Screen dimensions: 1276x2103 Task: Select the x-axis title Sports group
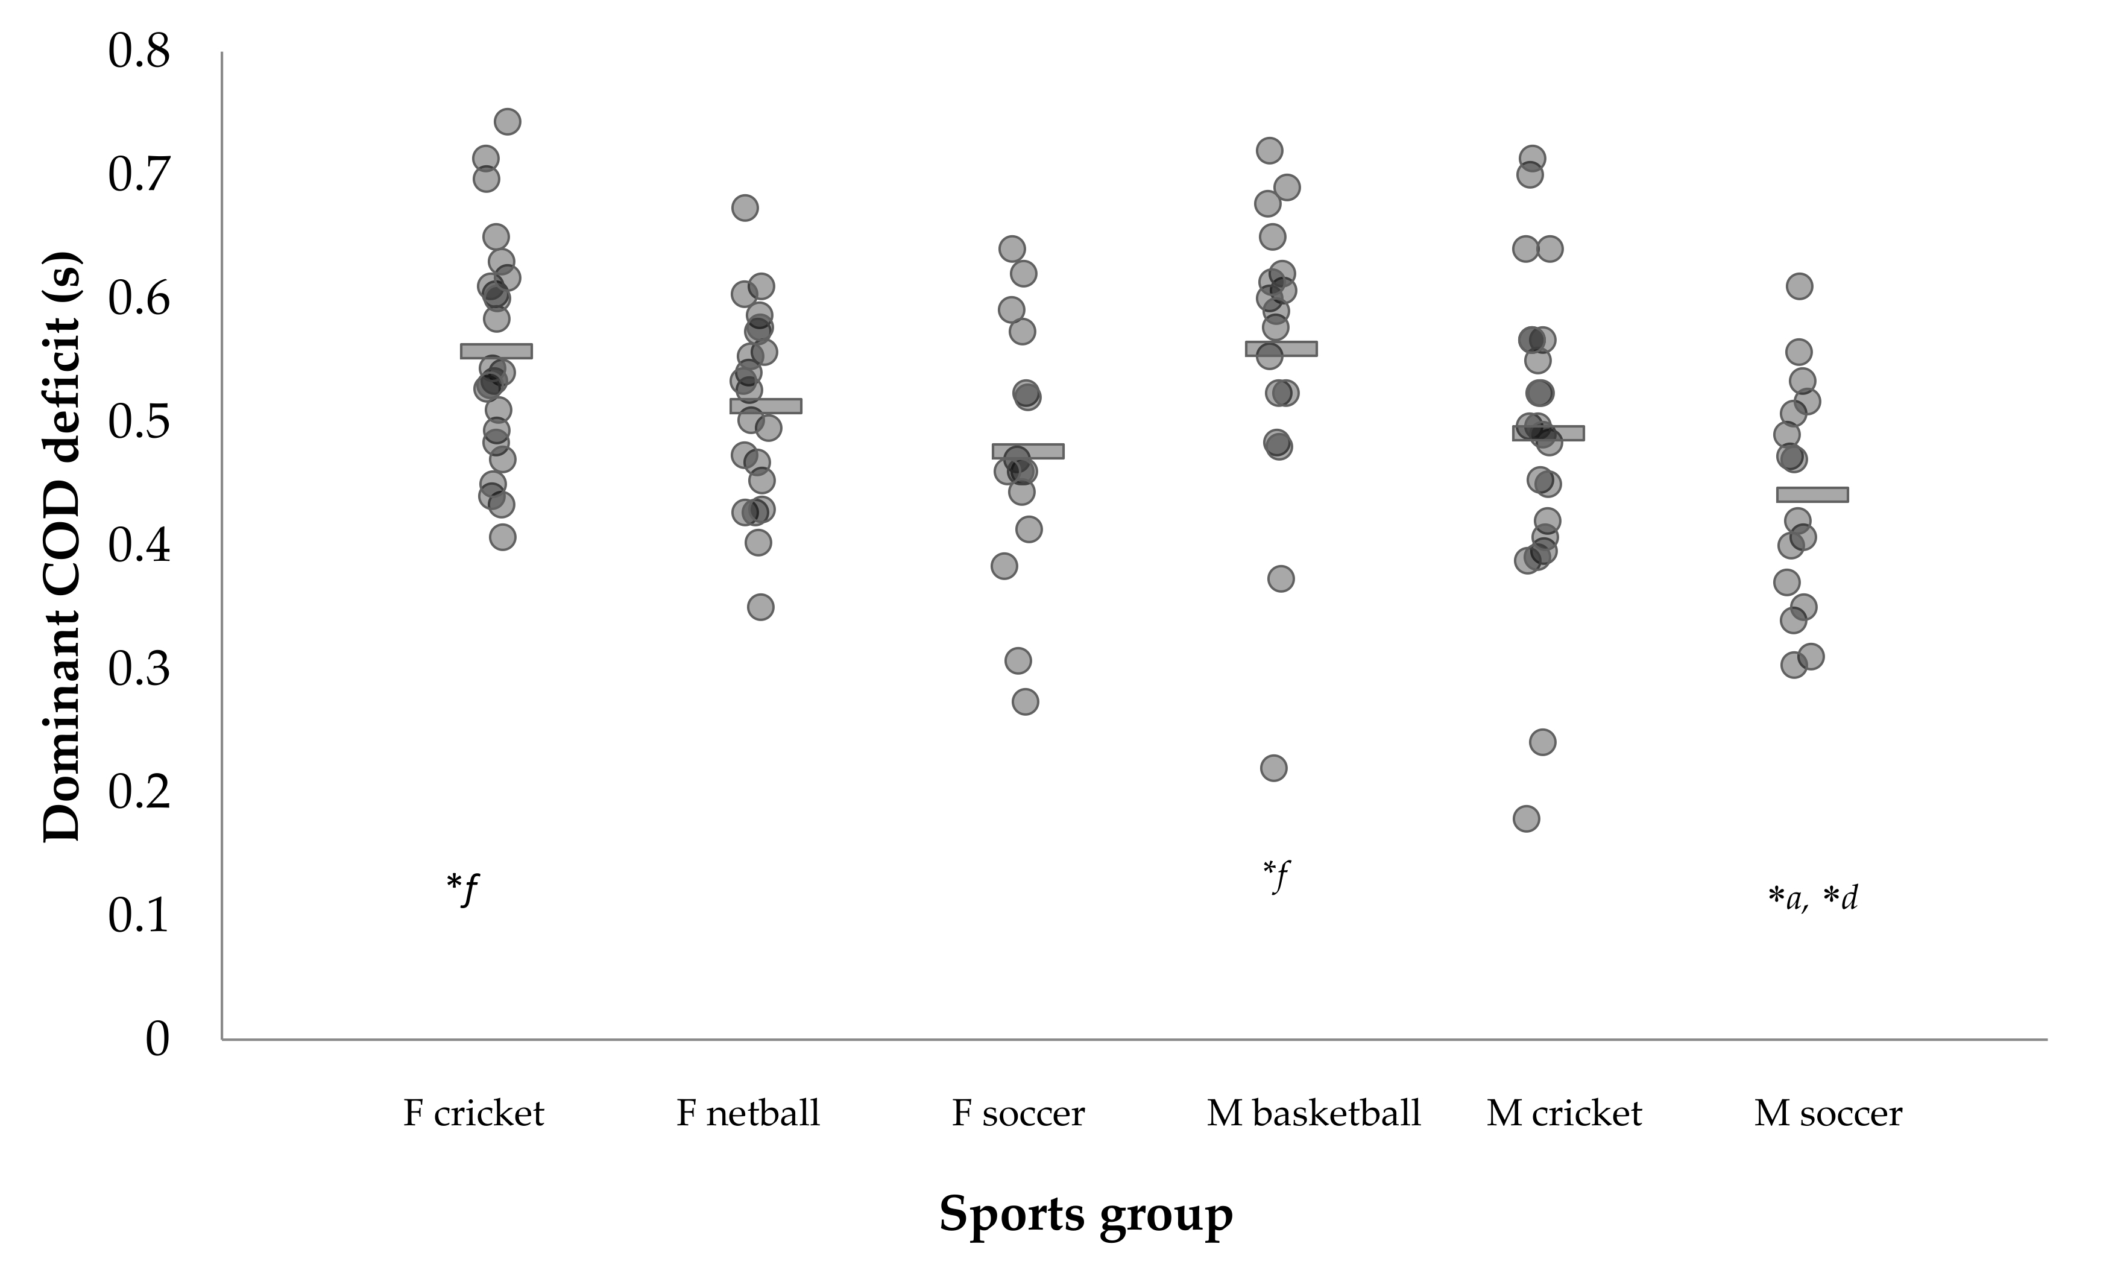(x=1086, y=1214)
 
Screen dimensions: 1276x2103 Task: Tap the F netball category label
(x=748, y=1114)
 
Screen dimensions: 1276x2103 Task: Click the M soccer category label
(x=1828, y=1114)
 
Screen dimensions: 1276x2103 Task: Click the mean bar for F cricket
(x=496, y=351)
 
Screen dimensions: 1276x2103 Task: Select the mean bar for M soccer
(x=1812, y=494)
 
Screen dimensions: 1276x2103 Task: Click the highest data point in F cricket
(x=507, y=122)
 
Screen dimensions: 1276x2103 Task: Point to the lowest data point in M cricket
(x=1526, y=818)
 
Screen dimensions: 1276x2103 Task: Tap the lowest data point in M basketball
(x=1273, y=768)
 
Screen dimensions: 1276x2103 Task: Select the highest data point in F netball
(x=745, y=207)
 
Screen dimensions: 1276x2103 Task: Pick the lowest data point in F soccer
(x=1025, y=701)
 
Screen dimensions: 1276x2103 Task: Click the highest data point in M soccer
(x=1799, y=286)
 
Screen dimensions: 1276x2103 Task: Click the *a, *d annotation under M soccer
(x=1812, y=899)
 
